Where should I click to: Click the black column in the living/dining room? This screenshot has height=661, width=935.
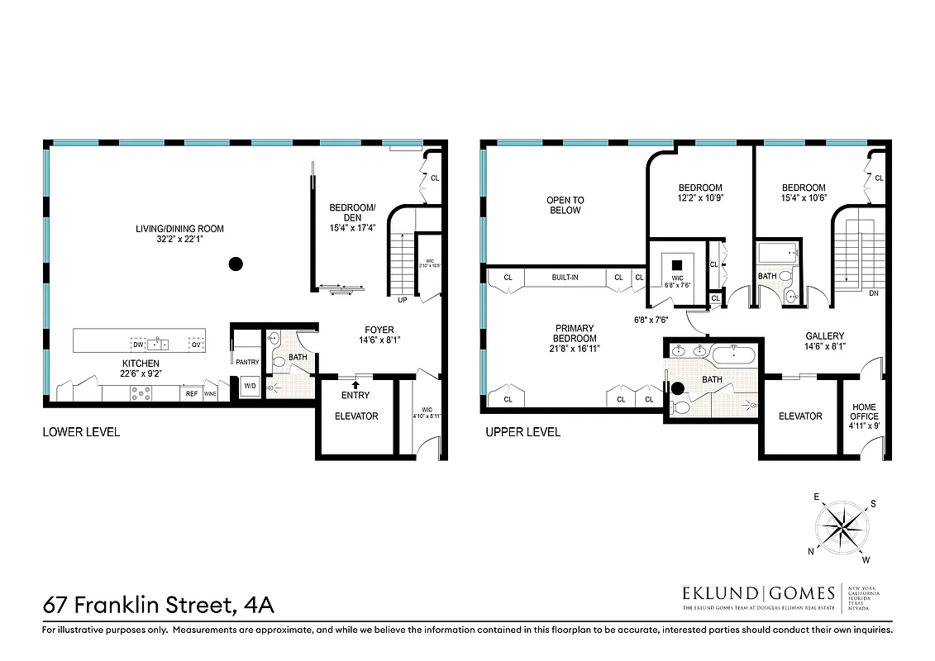click(236, 264)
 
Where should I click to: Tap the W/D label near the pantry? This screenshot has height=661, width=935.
click(248, 385)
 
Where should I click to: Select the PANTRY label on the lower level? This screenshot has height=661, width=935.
click(247, 362)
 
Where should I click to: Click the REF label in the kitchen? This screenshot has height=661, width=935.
click(191, 394)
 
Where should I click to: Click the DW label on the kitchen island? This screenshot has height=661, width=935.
click(137, 344)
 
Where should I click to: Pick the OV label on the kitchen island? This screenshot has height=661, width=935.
click(196, 344)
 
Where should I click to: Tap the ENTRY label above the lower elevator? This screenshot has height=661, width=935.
click(355, 395)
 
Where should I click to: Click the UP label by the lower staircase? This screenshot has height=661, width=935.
click(403, 300)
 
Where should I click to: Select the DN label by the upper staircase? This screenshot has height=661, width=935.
click(874, 292)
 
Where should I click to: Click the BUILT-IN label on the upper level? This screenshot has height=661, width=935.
click(565, 278)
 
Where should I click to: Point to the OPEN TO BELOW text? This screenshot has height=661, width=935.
click(565, 205)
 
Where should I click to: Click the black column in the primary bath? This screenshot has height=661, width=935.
click(679, 388)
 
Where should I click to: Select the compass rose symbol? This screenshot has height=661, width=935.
click(844, 525)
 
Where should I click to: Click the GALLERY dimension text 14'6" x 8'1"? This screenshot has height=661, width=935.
click(824, 347)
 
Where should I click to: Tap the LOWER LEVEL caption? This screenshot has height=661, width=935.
click(81, 431)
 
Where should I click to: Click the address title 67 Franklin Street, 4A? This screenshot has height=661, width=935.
click(158, 605)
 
